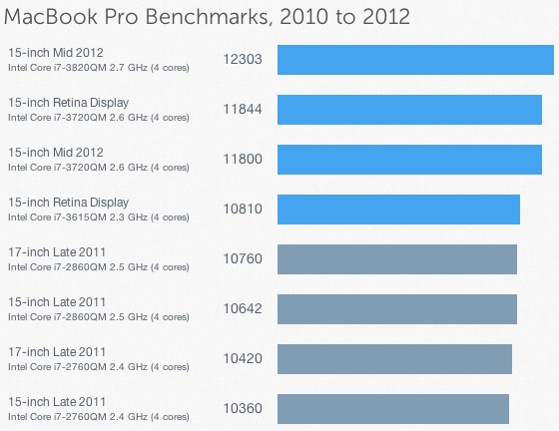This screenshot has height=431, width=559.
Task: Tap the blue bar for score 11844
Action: pyautogui.click(x=409, y=109)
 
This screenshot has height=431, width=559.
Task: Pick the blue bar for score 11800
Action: pyautogui.click(x=408, y=159)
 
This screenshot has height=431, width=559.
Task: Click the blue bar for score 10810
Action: pyautogui.click(x=397, y=209)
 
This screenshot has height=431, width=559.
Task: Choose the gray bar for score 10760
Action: pyautogui.click(x=396, y=258)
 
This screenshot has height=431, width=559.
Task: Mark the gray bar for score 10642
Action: pyautogui.click(x=396, y=308)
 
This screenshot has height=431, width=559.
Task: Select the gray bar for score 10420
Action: pyautogui.click(x=393, y=358)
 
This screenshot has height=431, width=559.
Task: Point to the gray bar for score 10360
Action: pyautogui.click(x=392, y=408)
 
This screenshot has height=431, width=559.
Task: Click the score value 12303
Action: pyautogui.click(x=242, y=60)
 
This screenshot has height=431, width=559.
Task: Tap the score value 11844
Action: pyautogui.click(x=242, y=110)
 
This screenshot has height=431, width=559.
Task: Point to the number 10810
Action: pyautogui.click(x=242, y=210)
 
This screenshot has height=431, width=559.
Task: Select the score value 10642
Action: pyautogui.click(x=242, y=309)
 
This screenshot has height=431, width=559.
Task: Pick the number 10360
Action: pyautogui.click(x=242, y=409)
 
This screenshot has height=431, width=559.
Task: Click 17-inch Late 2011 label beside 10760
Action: pyautogui.click(x=56, y=251)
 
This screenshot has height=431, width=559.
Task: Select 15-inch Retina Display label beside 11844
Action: pyautogui.click(x=67, y=102)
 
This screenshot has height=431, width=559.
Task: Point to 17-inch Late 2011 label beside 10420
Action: pyautogui.click(x=56, y=351)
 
